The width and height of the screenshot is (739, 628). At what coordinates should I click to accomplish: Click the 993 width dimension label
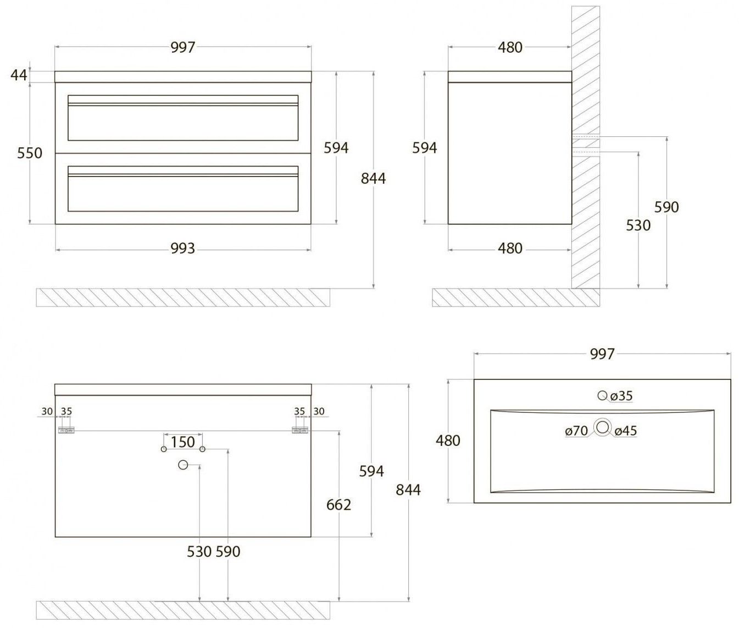click(182, 249)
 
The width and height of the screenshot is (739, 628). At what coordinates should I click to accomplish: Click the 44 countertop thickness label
click(19, 74)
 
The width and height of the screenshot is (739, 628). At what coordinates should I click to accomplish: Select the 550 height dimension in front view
click(29, 152)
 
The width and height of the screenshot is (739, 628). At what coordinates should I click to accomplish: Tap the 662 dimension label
click(338, 504)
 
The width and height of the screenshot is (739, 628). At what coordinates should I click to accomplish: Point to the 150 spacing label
click(182, 442)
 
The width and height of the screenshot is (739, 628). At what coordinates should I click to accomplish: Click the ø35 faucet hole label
click(621, 395)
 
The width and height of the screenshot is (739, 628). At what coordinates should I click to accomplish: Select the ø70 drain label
click(576, 431)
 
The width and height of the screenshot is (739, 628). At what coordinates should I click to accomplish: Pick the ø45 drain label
click(626, 431)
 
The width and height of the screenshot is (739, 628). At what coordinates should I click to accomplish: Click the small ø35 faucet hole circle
click(602, 395)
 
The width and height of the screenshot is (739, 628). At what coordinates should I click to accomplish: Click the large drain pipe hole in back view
click(184, 465)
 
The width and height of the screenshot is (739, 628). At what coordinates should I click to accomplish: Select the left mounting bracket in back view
click(66, 431)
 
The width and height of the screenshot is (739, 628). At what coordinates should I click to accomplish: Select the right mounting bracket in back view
click(300, 431)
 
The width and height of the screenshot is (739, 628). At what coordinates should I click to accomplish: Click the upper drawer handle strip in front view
click(182, 103)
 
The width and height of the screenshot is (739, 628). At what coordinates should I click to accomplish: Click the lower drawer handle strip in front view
click(182, 174)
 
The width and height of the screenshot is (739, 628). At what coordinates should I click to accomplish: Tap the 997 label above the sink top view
click(602, 354)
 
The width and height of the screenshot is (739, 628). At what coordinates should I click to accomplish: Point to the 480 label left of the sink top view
click(448, 440)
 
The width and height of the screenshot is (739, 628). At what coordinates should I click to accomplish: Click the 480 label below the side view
click(510, 249)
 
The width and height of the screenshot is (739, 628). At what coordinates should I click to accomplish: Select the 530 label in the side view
click(638, 225)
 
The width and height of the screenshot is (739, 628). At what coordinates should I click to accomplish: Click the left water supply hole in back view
click(164, 449)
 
